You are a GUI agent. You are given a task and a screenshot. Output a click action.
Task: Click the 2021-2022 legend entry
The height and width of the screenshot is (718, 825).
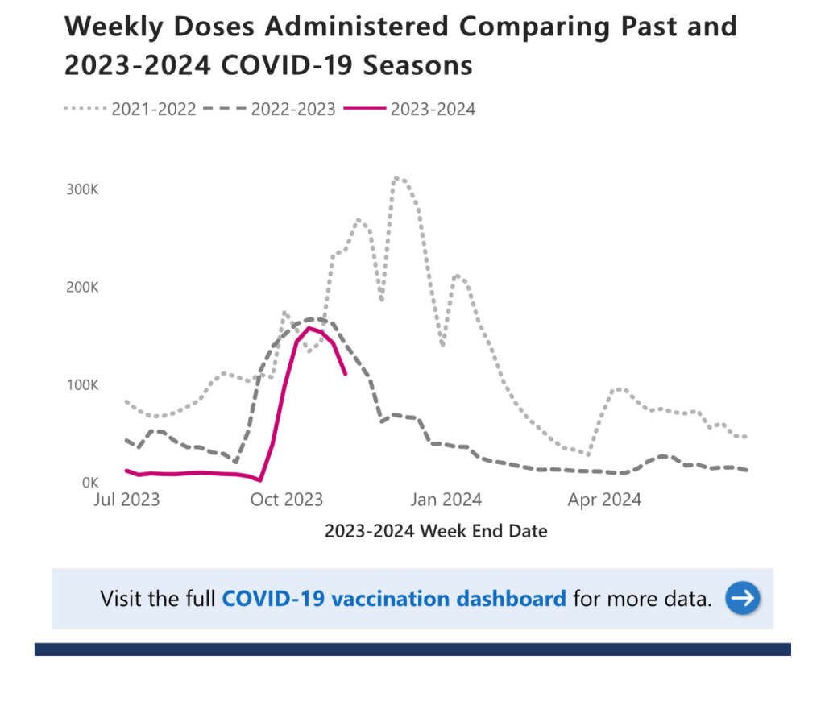[x=153, y=109]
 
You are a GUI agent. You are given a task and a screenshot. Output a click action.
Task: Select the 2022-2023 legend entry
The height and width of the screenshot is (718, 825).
[x=292, y=109]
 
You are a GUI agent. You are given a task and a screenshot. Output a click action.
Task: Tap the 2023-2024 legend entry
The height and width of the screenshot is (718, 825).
[x=433, y=109]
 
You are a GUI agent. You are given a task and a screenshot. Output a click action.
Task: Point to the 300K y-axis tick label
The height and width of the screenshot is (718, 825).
[x=82, y=190]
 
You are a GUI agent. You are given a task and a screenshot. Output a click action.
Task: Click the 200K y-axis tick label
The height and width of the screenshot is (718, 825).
[x=82, y=288]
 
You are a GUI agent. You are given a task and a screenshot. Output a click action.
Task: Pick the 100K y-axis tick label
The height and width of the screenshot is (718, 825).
[x=82, y=385]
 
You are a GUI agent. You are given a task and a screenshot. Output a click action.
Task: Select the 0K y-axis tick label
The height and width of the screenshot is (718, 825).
[x=89, y=483]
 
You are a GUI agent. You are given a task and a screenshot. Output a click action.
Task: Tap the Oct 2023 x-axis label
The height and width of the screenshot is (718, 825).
[x=286, y=500]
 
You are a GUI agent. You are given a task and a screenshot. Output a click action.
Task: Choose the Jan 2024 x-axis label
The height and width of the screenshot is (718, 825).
[x=446, y=500]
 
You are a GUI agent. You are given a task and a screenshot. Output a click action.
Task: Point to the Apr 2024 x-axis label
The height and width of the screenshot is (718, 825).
[x=604, y=500]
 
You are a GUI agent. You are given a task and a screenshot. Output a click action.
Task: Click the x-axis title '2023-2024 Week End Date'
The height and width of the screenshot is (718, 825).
[x=436, y=532]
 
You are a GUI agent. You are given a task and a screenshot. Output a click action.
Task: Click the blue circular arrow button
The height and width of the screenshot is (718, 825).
[x=742, y=598]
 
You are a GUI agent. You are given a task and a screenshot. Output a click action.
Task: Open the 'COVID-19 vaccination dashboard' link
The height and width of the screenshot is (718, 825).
[x=394, y=599]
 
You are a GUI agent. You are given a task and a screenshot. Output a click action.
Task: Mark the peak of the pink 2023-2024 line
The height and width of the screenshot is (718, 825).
[x=309, y=327]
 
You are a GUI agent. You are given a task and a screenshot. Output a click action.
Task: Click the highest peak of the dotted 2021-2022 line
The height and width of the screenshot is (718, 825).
[x=397, y=177]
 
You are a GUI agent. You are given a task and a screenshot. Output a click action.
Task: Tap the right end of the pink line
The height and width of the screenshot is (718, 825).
[x=346, y=374]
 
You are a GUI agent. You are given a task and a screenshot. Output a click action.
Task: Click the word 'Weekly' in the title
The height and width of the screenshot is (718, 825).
[x=108, y=27]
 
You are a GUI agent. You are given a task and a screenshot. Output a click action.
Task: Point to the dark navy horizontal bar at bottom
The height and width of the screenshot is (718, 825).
[x=412, y=649]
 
